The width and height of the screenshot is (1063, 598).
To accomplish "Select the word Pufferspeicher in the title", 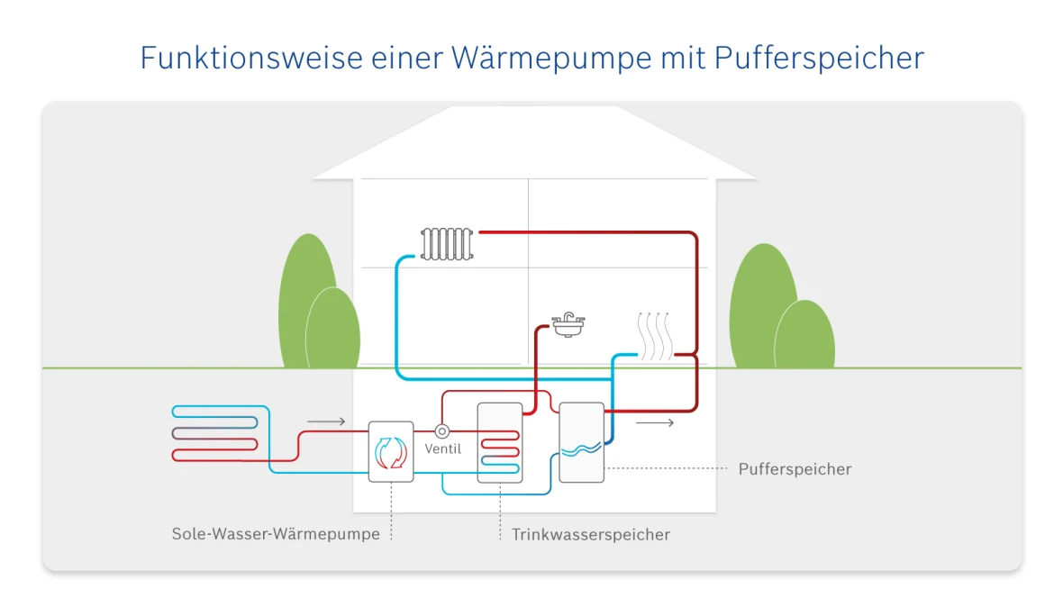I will coord(819,58).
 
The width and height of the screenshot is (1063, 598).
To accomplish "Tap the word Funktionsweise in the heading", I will coord(250,58).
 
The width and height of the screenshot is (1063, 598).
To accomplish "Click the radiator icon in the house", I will coord(447,243).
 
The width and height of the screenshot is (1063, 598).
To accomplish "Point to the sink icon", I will coord(568,325).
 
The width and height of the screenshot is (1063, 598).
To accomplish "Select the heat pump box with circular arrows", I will coord(392,451).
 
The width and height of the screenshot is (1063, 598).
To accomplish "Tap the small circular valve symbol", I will coord(442,431).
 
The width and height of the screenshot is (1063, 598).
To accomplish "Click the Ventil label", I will coord(442,448).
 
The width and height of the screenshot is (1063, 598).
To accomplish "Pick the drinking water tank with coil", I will coord(500,442).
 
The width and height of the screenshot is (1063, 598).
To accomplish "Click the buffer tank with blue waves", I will coord(581,442).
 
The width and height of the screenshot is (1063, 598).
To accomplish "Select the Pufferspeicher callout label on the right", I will coord(795,469).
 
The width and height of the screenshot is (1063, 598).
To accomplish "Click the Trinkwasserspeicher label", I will coord(591,535).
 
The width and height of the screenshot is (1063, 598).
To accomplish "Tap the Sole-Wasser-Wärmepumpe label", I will coord(276,534).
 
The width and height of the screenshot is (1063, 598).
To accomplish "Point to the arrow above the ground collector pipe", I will coord(326,421).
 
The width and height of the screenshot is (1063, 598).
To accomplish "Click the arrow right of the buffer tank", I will coord(654,422).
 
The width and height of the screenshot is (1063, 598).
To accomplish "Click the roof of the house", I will coord(533,144).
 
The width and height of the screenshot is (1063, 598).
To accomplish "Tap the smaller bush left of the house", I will coord(332,329).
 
